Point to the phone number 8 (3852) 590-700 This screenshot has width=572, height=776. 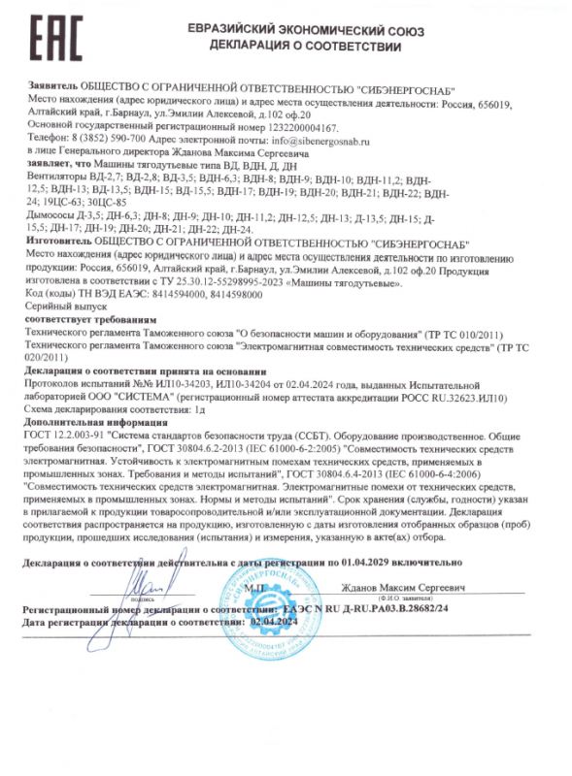[107, 140]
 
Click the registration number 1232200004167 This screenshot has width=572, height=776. [292, 127]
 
